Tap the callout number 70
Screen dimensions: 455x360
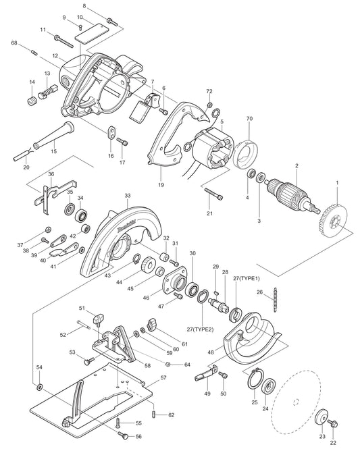249,119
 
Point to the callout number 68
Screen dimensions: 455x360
14,43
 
